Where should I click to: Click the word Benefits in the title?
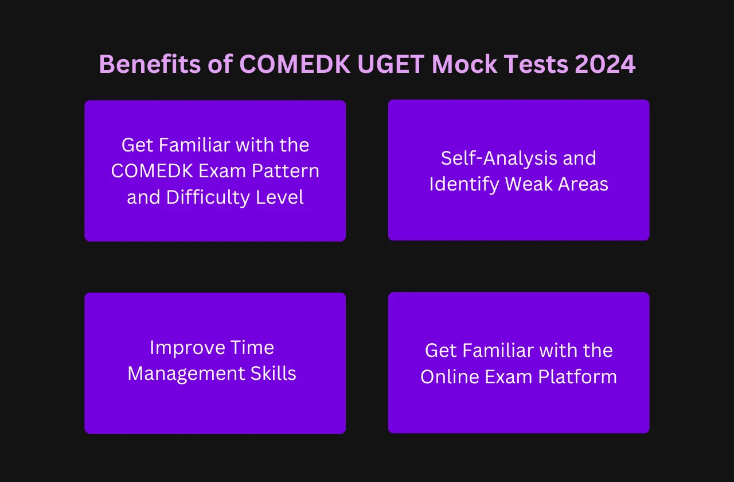(x=150, y=64)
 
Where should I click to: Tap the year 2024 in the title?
(x=605, y=64)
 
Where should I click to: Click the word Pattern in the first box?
(x=285, y=171)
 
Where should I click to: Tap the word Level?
(x=279, y=197)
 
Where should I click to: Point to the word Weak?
(x=529, y=184)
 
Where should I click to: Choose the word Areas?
(x=583, y=184)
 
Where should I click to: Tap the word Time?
(x=252, y=348)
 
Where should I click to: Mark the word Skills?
(x=274, y=374)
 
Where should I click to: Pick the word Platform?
(x=577, y=377)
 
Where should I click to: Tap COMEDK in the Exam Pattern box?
(x=152, y=171)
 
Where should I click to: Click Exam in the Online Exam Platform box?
(x=508, y=377)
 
